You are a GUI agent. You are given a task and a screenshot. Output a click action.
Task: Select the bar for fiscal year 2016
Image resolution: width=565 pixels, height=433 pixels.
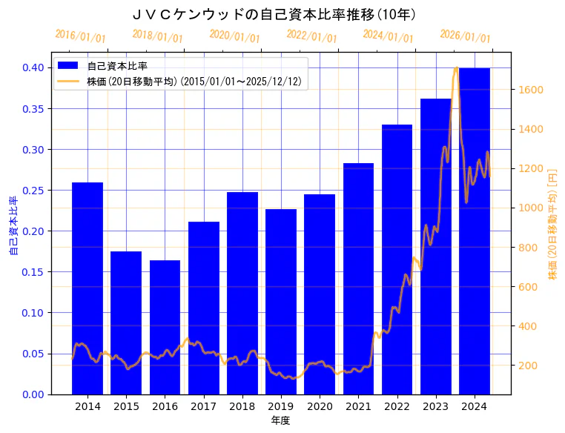tap(165, 327)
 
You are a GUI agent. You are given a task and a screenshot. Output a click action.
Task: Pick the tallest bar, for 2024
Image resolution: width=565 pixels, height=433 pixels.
tap(475, 231)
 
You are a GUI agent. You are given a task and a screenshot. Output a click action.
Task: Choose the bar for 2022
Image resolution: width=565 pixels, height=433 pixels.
tap(397, 259)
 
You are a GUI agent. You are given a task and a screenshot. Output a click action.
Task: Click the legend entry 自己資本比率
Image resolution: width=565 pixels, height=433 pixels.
tap(117, 66)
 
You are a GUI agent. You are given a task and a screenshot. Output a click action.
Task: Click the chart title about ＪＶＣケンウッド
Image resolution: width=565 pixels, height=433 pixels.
tap(275, 14)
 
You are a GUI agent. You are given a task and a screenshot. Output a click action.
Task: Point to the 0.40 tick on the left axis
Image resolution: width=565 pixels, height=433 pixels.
tap(33, 67)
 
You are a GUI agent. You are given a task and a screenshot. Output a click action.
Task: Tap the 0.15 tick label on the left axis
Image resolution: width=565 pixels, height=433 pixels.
tap(33, 271)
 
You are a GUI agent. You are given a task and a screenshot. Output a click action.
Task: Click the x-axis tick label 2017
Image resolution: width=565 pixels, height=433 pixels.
tap(204, 406)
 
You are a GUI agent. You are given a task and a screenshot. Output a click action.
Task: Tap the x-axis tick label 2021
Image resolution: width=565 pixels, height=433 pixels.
tap(358, 406)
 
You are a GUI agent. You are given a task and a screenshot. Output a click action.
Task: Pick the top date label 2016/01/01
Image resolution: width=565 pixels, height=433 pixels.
tap(81, 36)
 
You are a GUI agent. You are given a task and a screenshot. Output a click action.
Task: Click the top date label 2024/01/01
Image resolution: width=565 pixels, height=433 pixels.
tap(389, 36)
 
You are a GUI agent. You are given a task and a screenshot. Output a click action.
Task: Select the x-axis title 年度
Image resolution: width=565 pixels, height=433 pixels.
tap(280, 420)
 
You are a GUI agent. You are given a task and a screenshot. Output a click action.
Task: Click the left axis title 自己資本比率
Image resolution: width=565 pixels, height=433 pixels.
tap(13, 226)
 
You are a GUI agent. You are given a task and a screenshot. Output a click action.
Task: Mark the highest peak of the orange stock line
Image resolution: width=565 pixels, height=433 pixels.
tap(456, 68)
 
